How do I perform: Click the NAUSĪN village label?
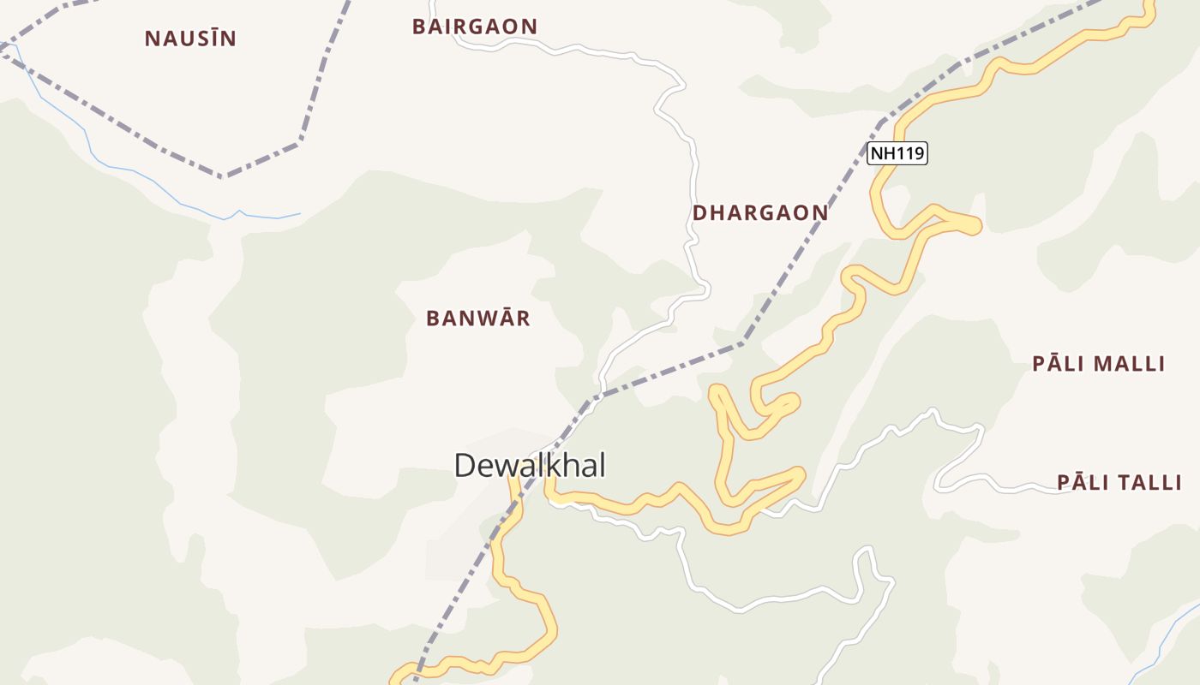(190, 39)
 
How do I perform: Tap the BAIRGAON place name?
(474, 27)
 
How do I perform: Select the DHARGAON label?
(760, 213)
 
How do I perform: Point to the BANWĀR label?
(478, 319)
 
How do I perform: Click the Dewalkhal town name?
(530, 466)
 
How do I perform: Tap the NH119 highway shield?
(897, 154)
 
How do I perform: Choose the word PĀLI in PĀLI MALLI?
(1053, 364)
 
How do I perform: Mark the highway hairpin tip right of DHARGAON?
(975, 225)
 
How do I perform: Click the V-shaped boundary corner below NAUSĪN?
(223, 176)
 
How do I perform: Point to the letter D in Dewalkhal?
(464, 466)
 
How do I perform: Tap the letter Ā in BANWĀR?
(500, 319)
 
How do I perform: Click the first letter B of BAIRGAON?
(419, 27)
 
